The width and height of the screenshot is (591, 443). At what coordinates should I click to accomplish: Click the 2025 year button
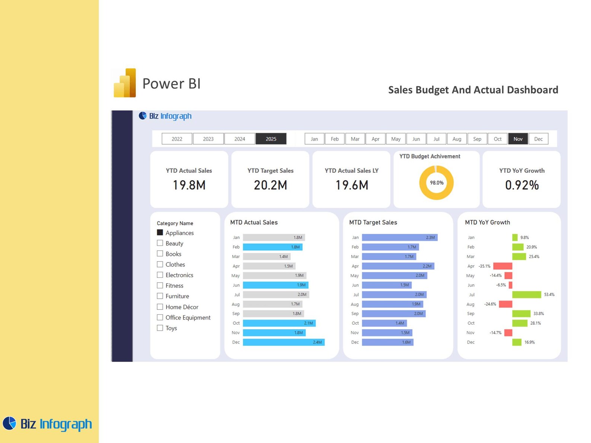[x=271, y=139]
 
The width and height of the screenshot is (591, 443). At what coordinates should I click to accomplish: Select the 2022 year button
[x=177, y=139]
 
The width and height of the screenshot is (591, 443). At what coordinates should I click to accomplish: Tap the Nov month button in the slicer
[x=517, y=139]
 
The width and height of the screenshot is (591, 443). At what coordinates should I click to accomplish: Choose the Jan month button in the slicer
[x=314, y=139]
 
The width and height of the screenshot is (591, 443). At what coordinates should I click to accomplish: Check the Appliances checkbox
[x=160, y=232]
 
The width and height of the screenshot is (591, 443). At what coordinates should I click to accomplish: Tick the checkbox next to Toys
[x=160, y=328]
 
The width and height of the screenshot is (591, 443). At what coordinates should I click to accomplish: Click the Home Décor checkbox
[x=160, y=306]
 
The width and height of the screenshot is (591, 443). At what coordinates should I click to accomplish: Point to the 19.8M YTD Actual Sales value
[x=189, y=185]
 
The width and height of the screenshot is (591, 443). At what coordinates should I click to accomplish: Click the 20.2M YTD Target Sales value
[x=270, y=185]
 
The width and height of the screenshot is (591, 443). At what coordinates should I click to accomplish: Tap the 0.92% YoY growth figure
[x=521, y=185]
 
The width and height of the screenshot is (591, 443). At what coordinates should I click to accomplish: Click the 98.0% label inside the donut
[x=437, y=183]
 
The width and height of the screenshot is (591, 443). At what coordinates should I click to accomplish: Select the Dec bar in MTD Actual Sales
[x=284, y=342]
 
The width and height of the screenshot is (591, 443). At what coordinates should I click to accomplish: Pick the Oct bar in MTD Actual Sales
[x=279, y=323]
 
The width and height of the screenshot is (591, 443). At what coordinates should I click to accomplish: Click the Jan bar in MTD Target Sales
[x=400, y=237]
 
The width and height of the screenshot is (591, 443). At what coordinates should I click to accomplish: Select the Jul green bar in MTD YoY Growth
[x=526, y=295]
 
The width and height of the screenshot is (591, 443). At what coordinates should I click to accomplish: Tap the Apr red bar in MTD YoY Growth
[x=502, y=266]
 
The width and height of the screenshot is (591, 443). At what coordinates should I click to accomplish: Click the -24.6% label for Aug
[x=490, y=304]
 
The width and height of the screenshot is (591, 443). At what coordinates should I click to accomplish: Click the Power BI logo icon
[x=125, y=83]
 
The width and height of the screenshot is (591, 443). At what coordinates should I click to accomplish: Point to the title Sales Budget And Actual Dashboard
[x=473, y=90]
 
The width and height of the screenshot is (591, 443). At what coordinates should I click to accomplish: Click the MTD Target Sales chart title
[x=373, y=222]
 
